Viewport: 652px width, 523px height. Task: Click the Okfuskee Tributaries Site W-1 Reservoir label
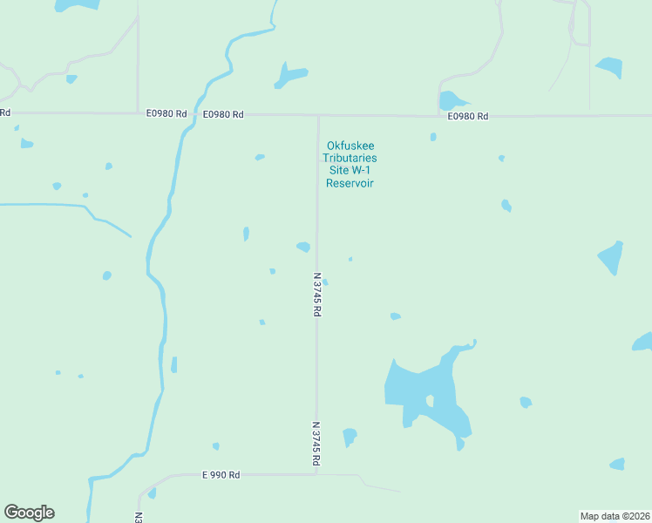tap(349, 164)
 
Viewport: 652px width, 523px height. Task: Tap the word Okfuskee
tap(349, 146)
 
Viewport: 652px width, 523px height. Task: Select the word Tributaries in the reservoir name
tap(349, 158)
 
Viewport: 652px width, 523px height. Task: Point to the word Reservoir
tap(349, 183)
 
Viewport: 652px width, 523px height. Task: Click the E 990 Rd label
tap(221, 475)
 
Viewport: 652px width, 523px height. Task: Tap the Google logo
tap(29, 513)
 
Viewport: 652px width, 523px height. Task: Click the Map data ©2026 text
tap(615, 515)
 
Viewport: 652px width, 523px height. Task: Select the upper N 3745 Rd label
tap(317, 295)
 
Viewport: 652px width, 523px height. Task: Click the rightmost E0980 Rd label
tap(467, 116)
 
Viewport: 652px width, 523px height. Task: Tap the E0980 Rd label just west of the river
tap(166, 113)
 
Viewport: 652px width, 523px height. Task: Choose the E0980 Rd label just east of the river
tap(223, 114)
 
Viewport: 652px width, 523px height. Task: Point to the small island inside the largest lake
tap(430, 401)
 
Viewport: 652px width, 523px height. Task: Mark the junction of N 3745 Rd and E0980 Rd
tap(318, 115)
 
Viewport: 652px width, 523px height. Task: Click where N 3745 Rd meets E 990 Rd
tap(316, 474)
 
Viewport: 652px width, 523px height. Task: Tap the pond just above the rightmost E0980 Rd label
tap(452, 100)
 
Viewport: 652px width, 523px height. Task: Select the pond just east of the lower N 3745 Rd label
tap(350, 435)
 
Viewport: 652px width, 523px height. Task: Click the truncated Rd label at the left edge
tap(5, 112)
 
